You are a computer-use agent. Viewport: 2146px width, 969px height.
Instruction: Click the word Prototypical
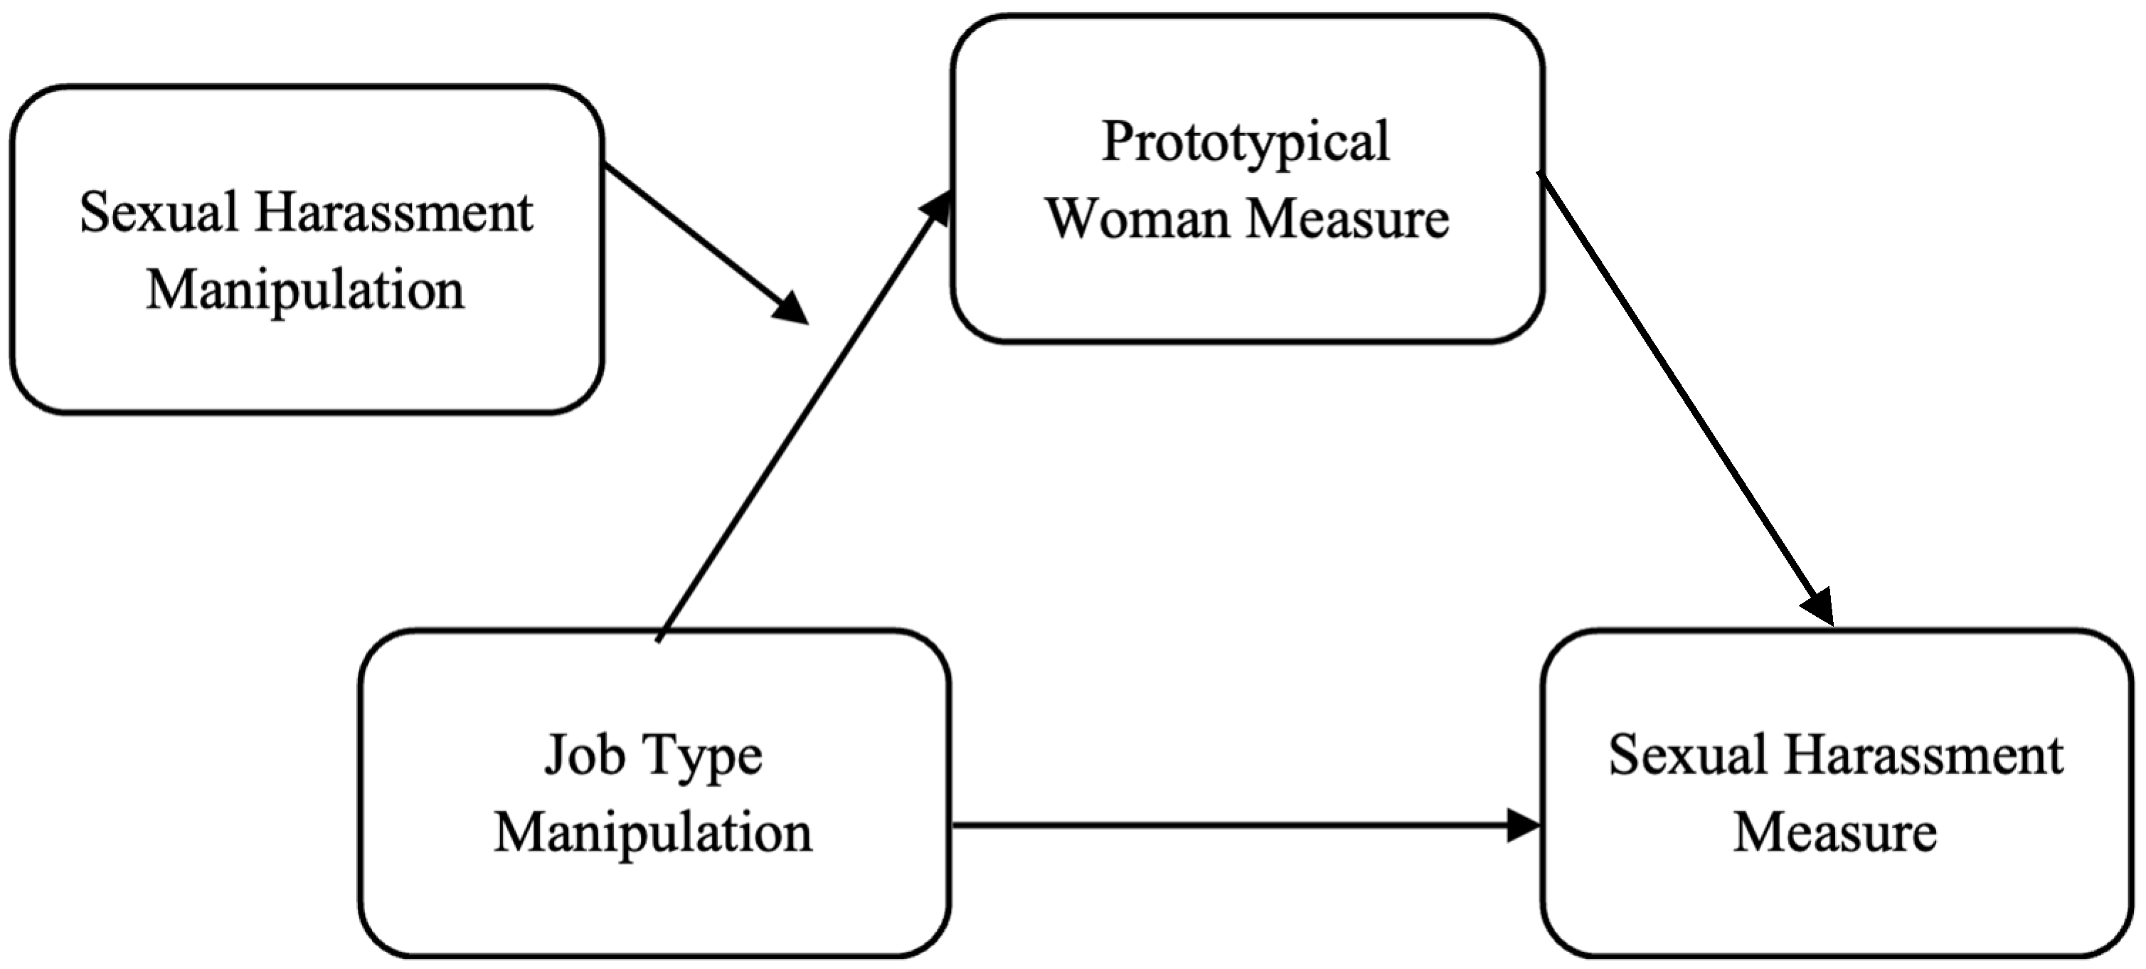tap(1245, 142)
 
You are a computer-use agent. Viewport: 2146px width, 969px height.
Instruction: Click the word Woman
tap(1138, 219)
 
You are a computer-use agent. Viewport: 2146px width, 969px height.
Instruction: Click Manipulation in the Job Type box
tap(653, 832)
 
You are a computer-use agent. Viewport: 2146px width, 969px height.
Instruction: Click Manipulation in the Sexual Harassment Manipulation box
tap(305, 291)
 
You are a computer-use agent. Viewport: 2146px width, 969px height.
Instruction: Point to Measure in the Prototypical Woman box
tap(1348, 219)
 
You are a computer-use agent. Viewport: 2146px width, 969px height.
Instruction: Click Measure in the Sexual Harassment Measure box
tap(1835, 832)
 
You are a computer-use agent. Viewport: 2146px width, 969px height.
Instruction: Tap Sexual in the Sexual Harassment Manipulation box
tap(159, 213)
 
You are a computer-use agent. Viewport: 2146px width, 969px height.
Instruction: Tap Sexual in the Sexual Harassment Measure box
tap(1687, 756)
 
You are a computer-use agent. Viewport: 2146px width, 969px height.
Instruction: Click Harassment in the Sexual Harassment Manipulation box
tap(394, 213)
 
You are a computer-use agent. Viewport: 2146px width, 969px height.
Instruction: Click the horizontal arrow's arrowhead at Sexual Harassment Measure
tap(1524, 826)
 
